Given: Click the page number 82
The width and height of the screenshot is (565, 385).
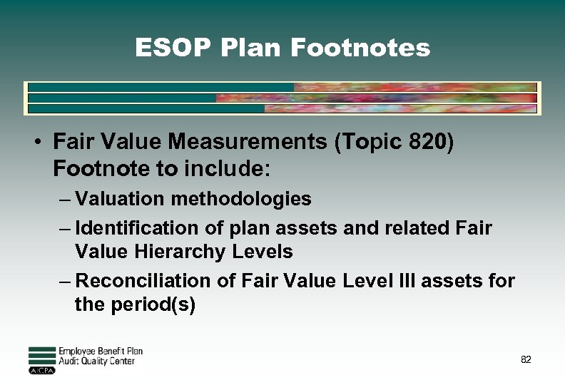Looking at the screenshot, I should pyautogui.click(x=526, y=360).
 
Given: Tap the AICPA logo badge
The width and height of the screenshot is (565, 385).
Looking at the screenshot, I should pyautogui.click(x=41, y=371).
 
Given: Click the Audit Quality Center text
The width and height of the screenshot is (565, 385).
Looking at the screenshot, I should pyautogui.click(x=96, y=361).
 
